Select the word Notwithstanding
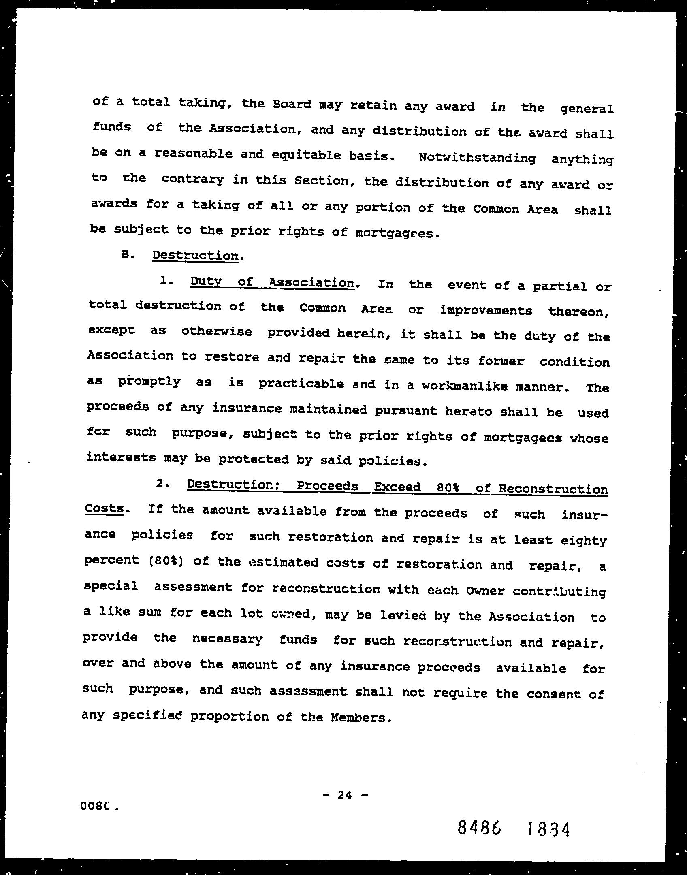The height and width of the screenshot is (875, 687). pyautogui.click(x=477, y=158)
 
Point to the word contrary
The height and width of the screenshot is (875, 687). pyautogui.click(x=192, y=180)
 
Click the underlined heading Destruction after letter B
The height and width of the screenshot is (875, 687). pyautogui.click(x=195, y=256)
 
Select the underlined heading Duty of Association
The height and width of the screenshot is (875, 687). pyautogui.click(x=272, y=282)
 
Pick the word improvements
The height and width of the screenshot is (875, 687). pyautogui.click(x=486, y=310)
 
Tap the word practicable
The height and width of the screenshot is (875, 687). pyautogui.click(x=301, y=384)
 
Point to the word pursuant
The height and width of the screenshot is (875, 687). pyautogui.click(x=406, y=411)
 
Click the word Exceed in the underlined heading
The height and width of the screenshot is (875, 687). pyautogui.click(x=397, y=487)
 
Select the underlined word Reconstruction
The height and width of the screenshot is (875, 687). pyautogui.click(x=553, y=489)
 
